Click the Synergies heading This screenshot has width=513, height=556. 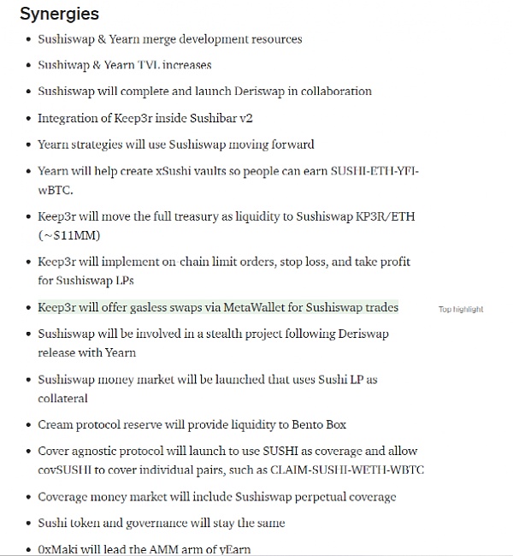click(60, 15)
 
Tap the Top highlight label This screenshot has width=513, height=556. click(461, 309)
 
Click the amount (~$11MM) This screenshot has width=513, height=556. click(68, 234)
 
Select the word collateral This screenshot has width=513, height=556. click(62, 398)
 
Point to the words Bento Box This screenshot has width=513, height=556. click(318, 424)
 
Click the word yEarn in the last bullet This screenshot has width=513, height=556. click(235, 548)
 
